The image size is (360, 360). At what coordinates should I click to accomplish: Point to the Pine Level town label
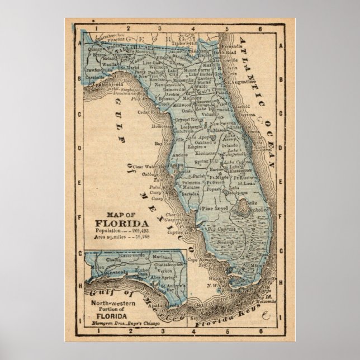point(205,209)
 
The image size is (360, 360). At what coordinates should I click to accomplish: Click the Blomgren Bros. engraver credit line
point(121,323)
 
